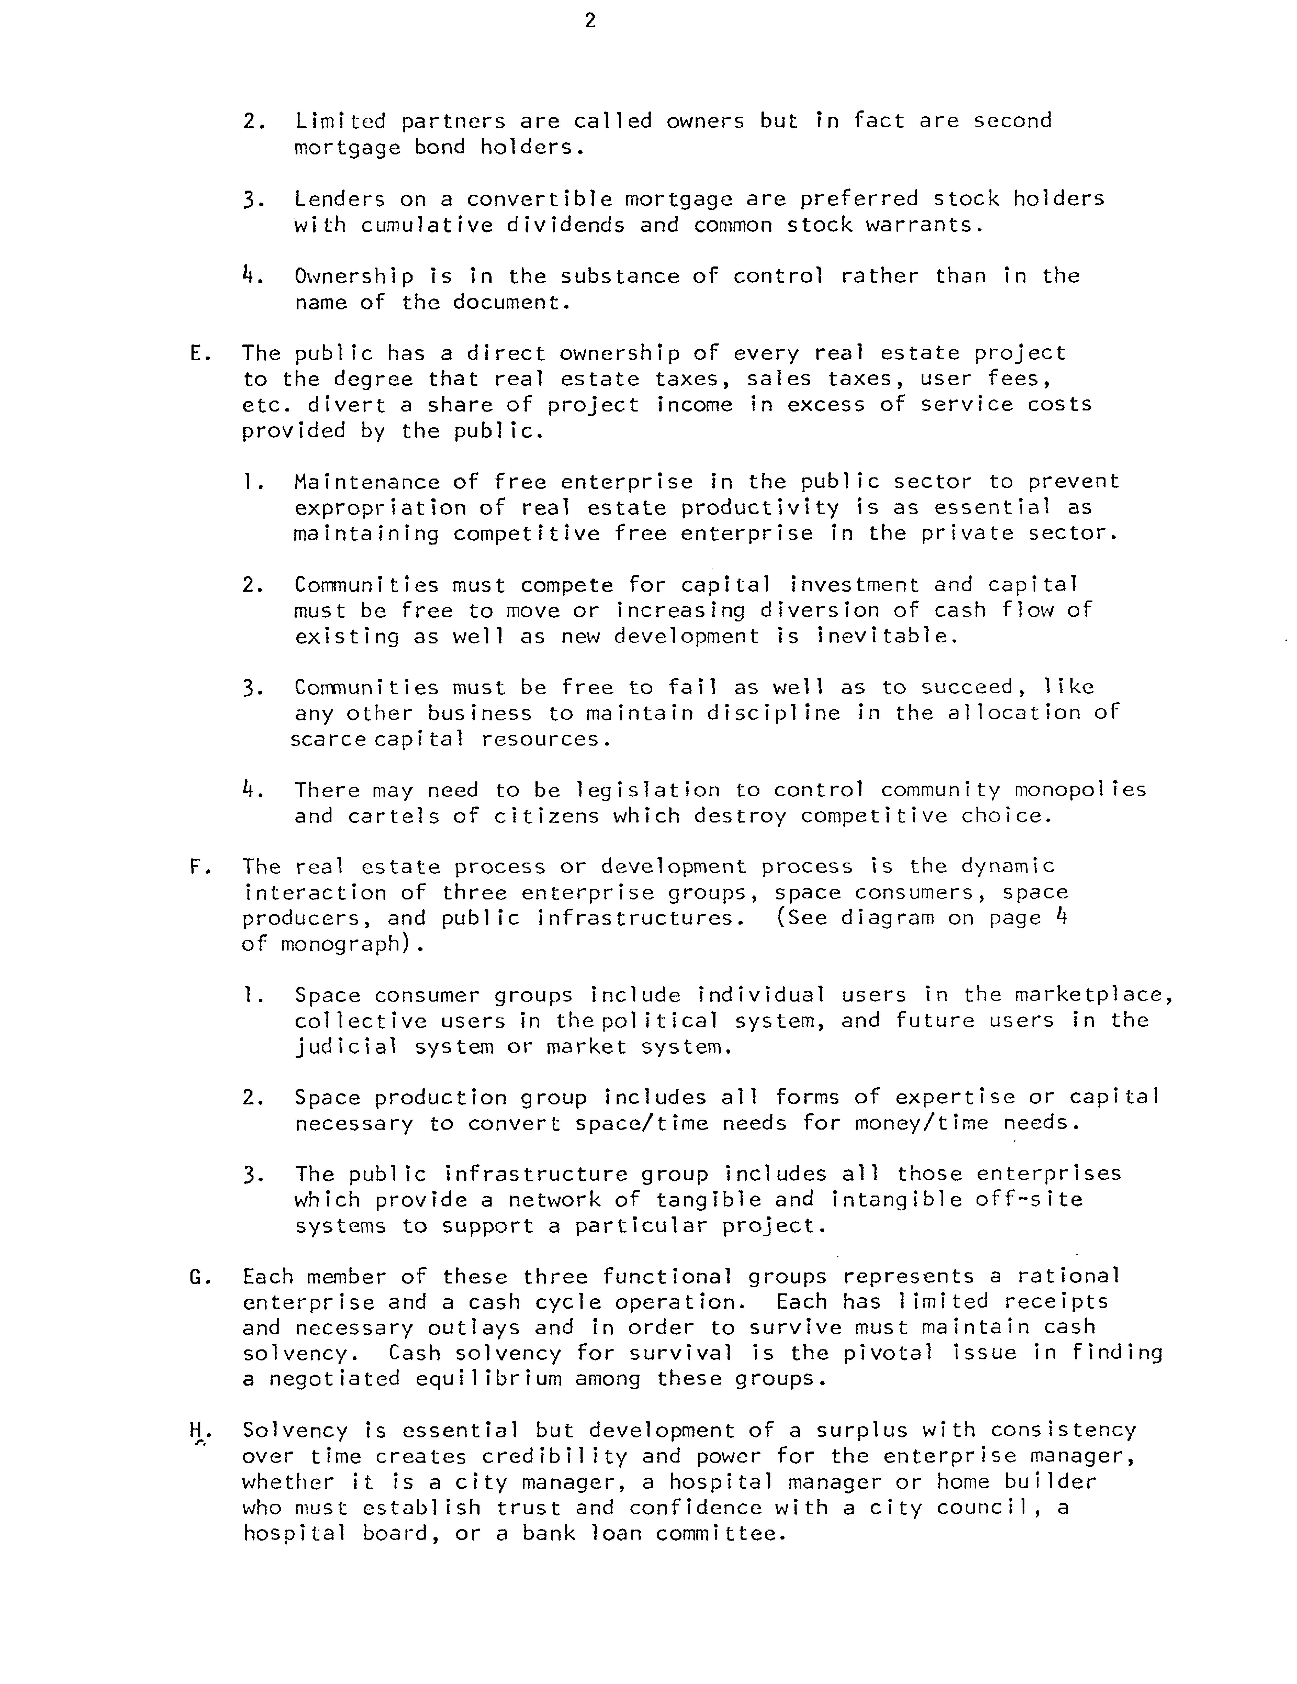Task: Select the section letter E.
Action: pyautogui.click(x=196, y=354)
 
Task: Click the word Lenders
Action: pyautogui.click(x=339, y=199)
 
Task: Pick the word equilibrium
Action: pyautogui.click(x=489, y=1379)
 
